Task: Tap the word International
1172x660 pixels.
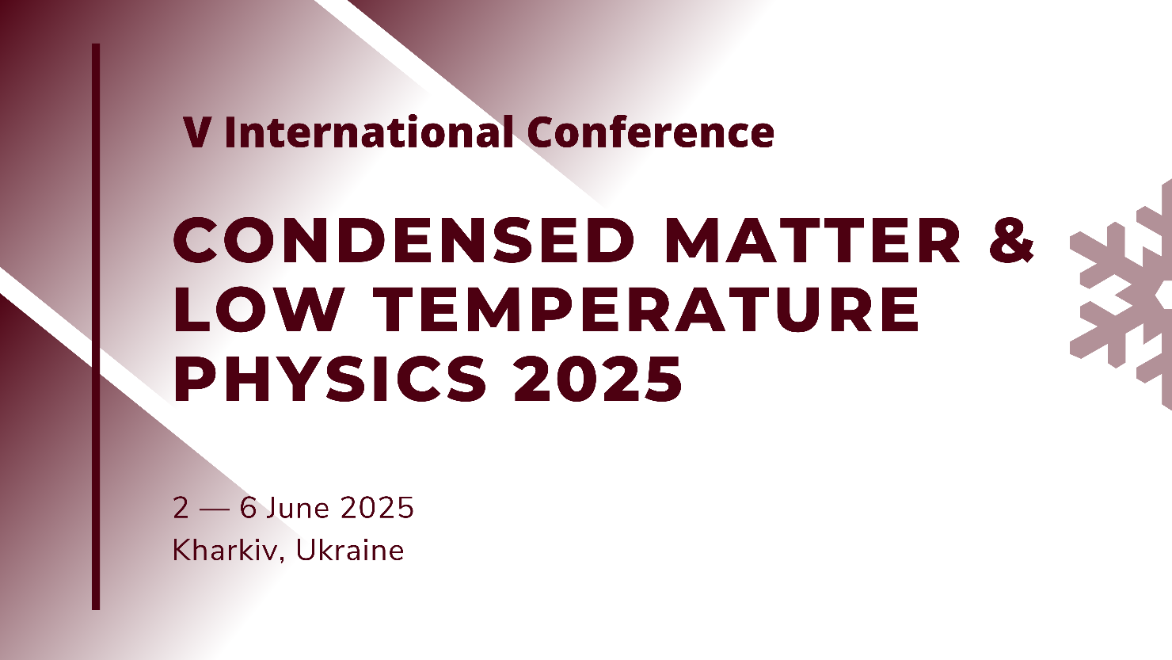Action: (369, 132)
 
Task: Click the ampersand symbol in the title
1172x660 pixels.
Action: (1011, 239)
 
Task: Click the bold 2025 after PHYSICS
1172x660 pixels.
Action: (598, 379)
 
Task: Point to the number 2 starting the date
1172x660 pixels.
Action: (181, 508)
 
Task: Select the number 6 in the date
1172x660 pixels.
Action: (248, 508)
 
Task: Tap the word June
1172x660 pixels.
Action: (298, 508)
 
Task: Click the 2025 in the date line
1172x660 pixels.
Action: (377, 508)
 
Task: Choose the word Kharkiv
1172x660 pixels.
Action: (225, 550)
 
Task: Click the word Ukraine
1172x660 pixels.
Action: (350, 550)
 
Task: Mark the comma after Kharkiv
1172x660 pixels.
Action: (282, 559)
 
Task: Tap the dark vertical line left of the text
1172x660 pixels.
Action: (96, 326)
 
